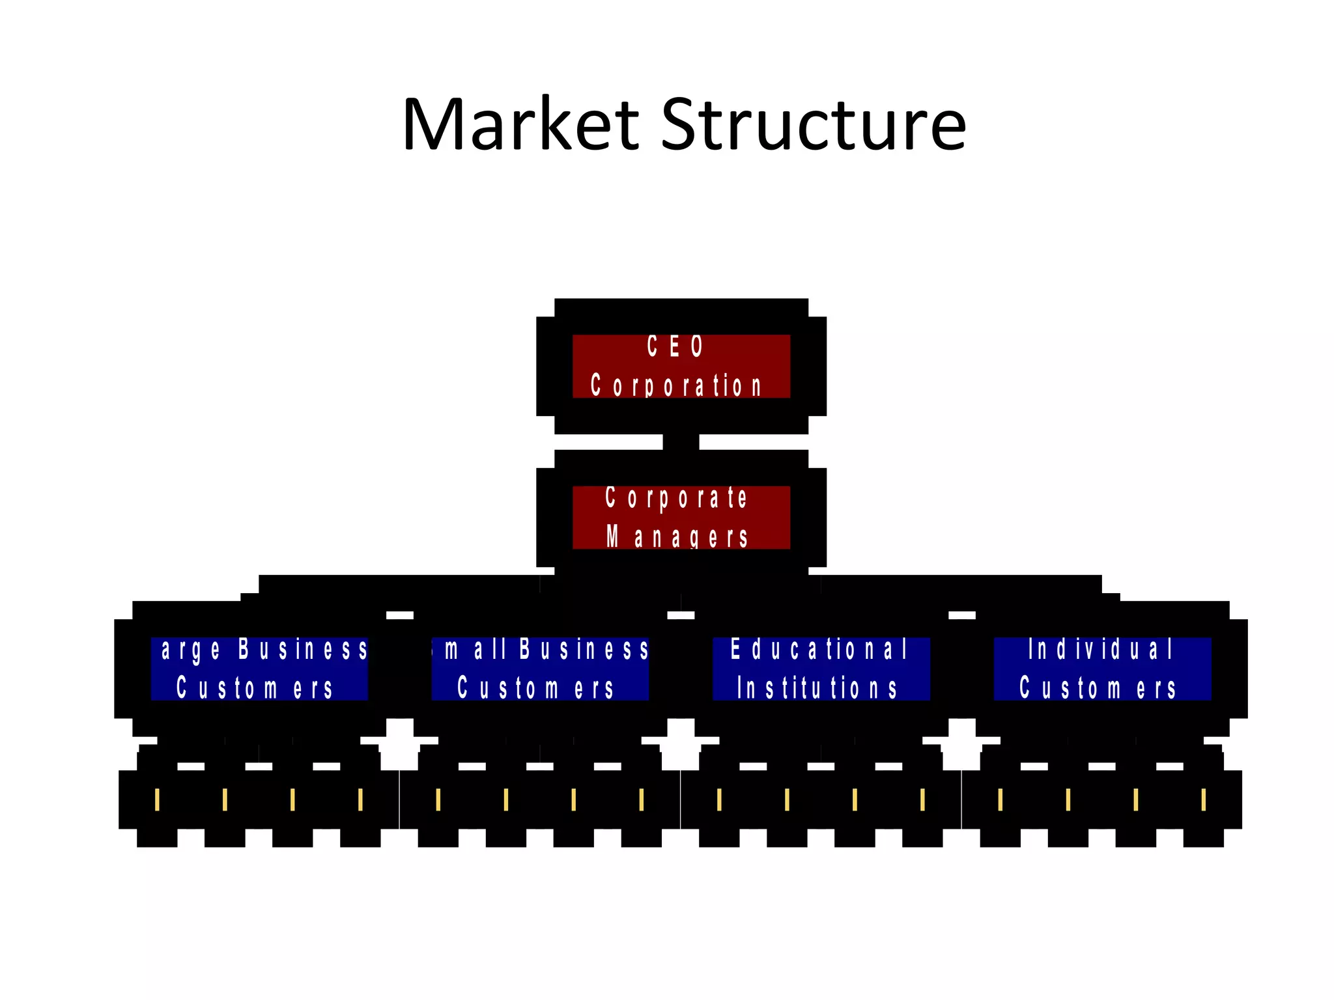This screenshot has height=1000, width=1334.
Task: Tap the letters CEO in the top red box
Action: coord(675,346)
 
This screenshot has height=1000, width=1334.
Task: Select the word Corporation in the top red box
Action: coord(676,385)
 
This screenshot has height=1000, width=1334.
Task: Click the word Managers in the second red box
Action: coord(677,538)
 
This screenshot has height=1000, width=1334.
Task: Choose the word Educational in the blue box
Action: coord(819,649)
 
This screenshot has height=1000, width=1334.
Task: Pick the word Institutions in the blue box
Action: coord(817,688)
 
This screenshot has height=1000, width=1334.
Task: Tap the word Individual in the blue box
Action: coord(1100,649)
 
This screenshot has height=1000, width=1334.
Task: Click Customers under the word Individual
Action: coord(1098,688)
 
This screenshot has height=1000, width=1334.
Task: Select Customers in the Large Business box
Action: coord(255,688)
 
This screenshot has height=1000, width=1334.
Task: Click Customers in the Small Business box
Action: coord(535,688)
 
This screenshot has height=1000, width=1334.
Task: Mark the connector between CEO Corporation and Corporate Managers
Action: coord(681,442)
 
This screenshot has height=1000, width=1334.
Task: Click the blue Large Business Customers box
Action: coord(259,669)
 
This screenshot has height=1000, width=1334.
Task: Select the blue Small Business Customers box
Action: coord(540,669)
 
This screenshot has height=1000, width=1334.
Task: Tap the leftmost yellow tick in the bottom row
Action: coord(157,799)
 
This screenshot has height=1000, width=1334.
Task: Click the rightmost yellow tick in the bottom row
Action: coord(1203,799)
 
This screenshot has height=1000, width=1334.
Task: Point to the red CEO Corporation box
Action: coord(681,366)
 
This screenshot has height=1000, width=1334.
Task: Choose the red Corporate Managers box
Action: coord(681,518)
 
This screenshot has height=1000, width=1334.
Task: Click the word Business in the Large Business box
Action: coord(303,649)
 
